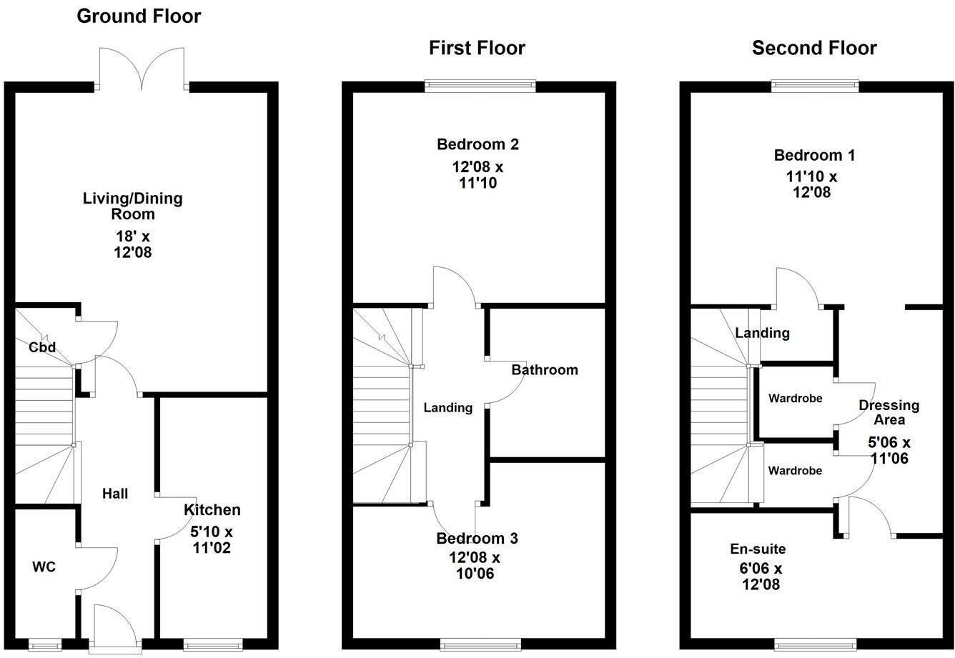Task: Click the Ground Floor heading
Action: tap(139, 16)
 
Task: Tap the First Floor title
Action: tap(477, 48)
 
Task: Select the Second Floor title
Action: tap(814, 48)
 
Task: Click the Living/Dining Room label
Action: tap(132, 206)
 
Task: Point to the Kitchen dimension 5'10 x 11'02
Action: tap(212, 540)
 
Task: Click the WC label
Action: tap(44, 567)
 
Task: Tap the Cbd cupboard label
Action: tap(42, 348)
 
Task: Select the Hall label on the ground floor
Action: tap(115, 493)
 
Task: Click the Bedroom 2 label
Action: tap(477, 144)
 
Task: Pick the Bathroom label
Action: tap(544, 370)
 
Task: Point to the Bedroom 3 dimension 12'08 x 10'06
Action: tap(474, 565)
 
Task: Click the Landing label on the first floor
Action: tap(448, 408)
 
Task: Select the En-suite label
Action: tap(758, 549)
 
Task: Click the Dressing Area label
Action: tap(889, 412)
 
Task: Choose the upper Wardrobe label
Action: tap(795, 398)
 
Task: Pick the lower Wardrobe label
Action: tap(795, 471)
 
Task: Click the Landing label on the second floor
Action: tap(762, 333)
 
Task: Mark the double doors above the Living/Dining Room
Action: tap(142, 70)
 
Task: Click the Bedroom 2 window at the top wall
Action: tap(480, 86)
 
